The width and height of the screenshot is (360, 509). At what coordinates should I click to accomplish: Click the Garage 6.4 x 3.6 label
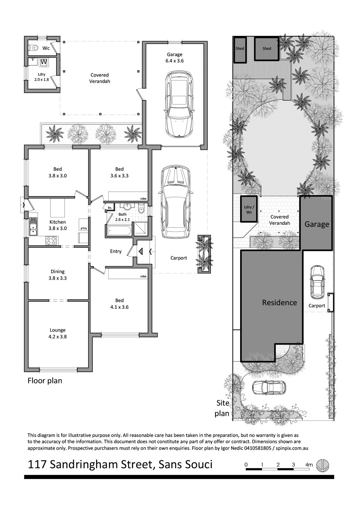coord(175,58)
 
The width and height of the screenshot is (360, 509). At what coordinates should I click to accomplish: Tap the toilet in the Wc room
coord(34,48)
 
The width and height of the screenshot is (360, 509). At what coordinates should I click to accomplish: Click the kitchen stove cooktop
coord(51,241)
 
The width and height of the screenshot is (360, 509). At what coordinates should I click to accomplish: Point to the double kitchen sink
coord(33,226)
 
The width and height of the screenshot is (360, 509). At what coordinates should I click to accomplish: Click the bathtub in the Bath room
coord(118,231)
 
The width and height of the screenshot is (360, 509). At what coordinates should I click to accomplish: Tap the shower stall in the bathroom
coord(140,229)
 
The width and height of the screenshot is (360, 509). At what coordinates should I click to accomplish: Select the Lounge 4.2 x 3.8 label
coord(58,333)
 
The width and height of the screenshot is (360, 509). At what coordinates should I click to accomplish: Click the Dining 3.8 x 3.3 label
coord(58,275)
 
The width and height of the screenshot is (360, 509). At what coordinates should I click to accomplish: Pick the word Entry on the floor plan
coord(116,251)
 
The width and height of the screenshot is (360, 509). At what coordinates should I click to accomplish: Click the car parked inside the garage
coord(179,105)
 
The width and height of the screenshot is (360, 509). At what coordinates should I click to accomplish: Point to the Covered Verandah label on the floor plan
coord(100,78)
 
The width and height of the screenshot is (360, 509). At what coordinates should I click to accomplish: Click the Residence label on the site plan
coord(279,303)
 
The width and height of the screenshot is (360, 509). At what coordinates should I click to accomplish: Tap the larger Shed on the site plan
coord(267,48)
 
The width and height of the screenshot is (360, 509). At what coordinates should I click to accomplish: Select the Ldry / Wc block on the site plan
coord(249,209)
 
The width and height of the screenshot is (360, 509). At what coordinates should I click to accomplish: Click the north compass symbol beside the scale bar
coord(322,464)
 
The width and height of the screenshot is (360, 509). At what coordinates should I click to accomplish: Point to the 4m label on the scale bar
coord(309,465)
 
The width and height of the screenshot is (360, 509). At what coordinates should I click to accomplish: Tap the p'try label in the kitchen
coord(84,228)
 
